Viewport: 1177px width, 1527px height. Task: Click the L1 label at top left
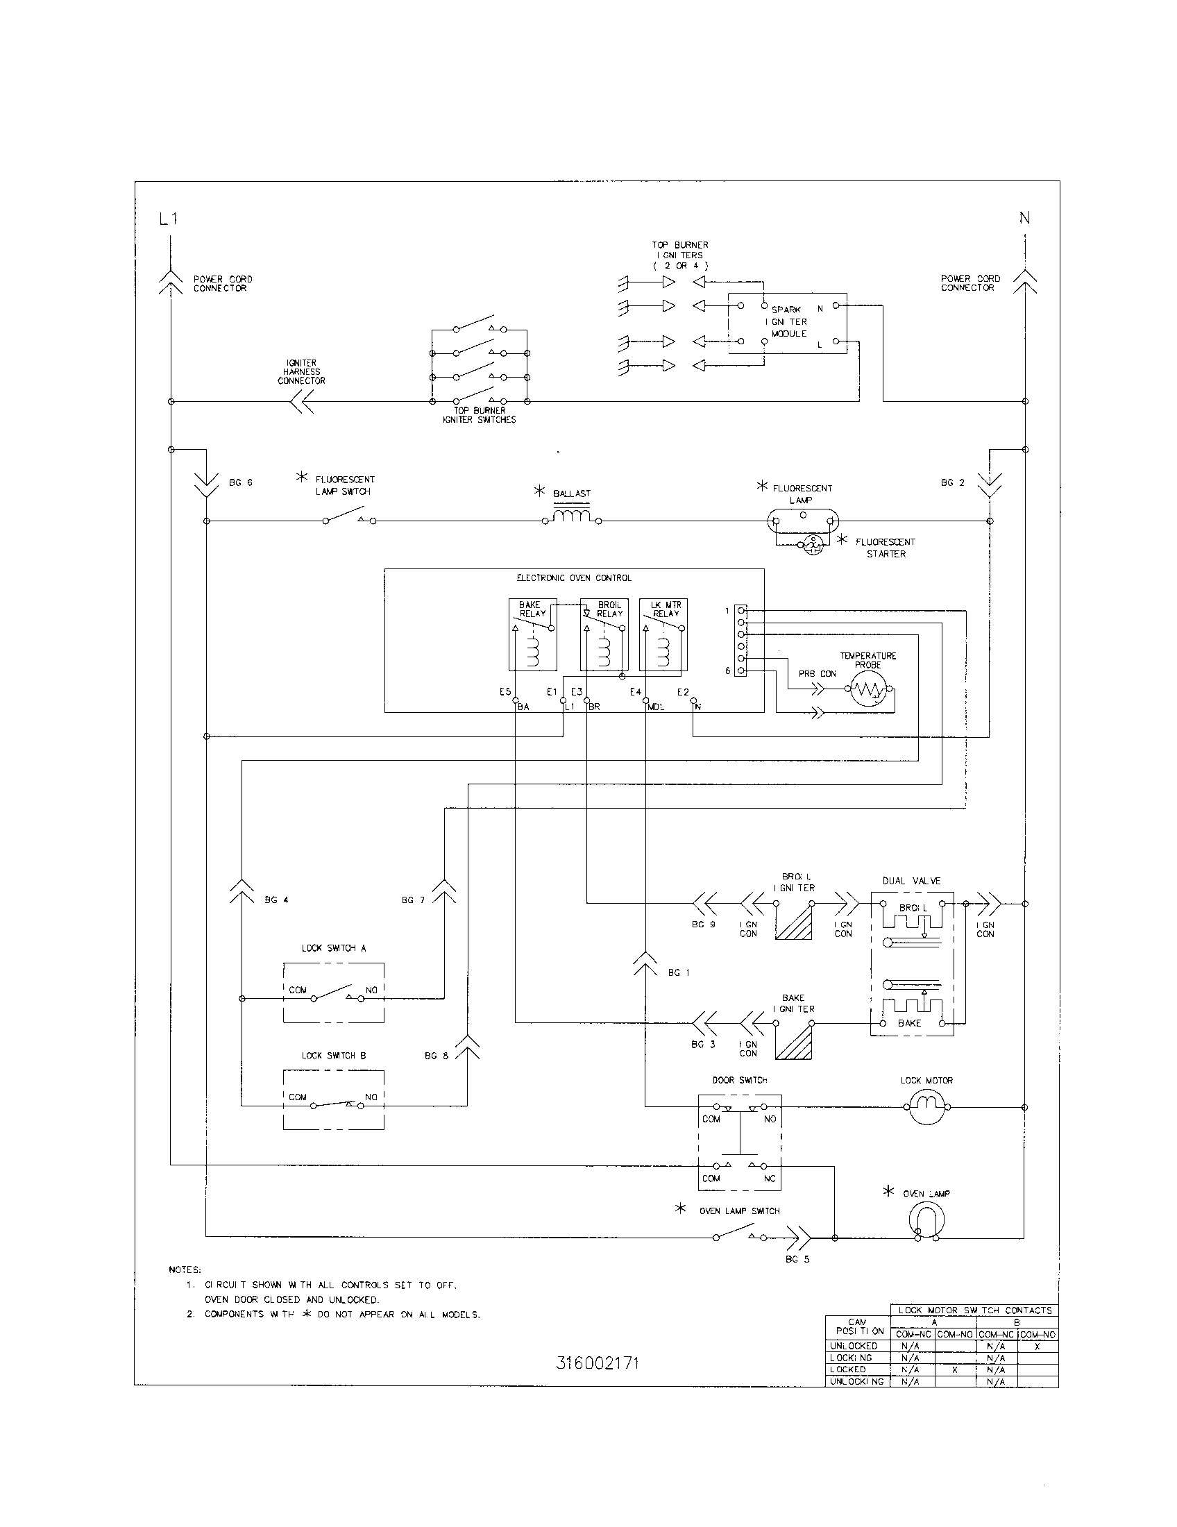coord(168,219)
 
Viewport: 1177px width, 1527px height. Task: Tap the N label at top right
coord(1024,218)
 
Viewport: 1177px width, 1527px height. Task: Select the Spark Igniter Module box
coord(788,323)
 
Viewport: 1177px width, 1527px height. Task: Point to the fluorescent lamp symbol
coord(803,521)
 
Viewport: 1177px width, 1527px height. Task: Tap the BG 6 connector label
coord(240,483)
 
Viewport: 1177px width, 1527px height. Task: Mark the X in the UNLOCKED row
coord(1038,1346)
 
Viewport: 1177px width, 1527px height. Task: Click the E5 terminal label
coord(505,692)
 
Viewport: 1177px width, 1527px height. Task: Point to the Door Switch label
coord(740,1080)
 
